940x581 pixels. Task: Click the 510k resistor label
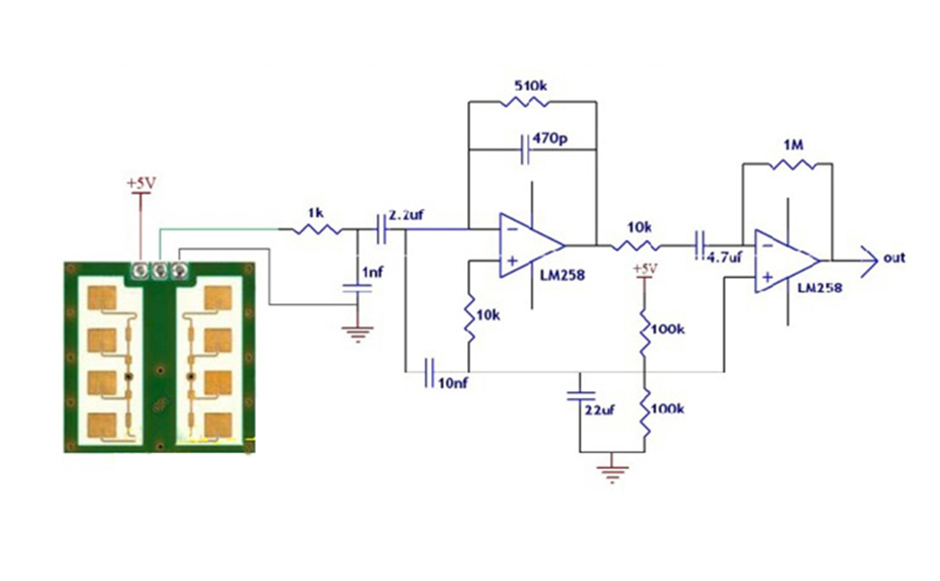530,85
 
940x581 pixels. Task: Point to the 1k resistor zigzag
317,229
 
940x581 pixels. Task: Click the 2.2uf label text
406,215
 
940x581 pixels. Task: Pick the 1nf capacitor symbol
358,289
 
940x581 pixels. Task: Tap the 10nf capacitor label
453,383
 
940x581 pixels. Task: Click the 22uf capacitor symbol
580,396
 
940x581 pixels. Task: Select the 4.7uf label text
724,258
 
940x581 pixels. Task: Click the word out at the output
893,259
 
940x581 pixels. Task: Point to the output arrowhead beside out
869,261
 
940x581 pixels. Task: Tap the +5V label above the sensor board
141,183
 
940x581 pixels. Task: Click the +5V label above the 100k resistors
645,268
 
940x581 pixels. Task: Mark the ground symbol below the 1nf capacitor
358,334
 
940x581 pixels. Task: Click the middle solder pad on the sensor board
159,271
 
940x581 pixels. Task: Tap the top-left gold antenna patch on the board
102,297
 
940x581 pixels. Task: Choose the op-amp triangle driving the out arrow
787,261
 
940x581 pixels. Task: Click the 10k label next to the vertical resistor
488,315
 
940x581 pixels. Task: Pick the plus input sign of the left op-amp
513,260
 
